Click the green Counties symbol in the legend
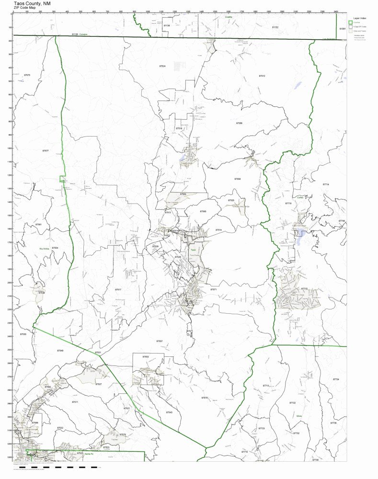tap(350, 23)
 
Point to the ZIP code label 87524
tap(162, 66)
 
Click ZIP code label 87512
tap(262, 76)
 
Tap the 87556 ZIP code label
tap(239, 123)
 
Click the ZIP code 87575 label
tap(27, 75)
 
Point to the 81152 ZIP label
tap(275, 28)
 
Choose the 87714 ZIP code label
tap(326, 184)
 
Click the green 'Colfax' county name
tap(300, 197)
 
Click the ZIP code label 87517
tap(118, 289)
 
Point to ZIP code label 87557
tap(160, 341)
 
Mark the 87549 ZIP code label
tap(73, 351)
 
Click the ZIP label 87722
tap(292, 403)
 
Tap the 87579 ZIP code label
tap(205, 398)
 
